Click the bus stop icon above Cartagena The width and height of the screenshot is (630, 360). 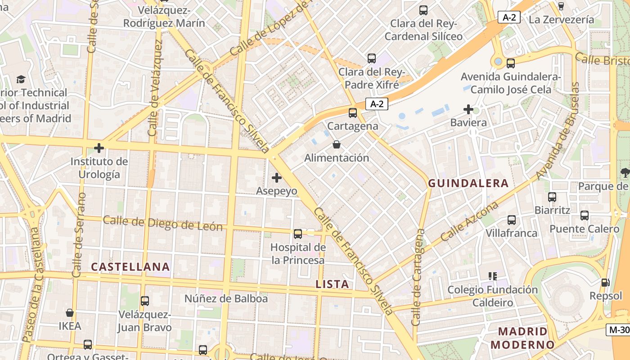353,112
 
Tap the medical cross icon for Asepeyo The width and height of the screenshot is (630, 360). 277,178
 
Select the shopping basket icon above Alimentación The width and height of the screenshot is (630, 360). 336,144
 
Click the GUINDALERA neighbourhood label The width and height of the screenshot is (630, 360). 468,183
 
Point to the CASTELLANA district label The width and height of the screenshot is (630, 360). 130,267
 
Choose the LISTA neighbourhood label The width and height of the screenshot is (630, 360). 332,284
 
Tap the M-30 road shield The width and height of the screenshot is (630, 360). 619,329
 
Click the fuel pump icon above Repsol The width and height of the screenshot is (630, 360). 605,283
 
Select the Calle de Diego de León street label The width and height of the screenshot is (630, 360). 162,223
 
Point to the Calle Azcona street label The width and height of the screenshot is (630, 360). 470,221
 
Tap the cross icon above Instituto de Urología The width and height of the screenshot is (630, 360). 99,148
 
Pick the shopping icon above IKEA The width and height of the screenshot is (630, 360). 70,312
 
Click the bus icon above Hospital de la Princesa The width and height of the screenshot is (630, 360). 298,234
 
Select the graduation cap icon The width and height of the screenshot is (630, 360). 21,80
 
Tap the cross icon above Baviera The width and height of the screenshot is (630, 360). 468,109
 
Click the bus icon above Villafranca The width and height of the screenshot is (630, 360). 512,220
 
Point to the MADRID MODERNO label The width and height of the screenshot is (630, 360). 522,338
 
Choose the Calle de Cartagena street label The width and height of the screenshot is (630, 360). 418,277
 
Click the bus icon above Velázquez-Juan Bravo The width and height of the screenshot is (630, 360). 144,301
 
